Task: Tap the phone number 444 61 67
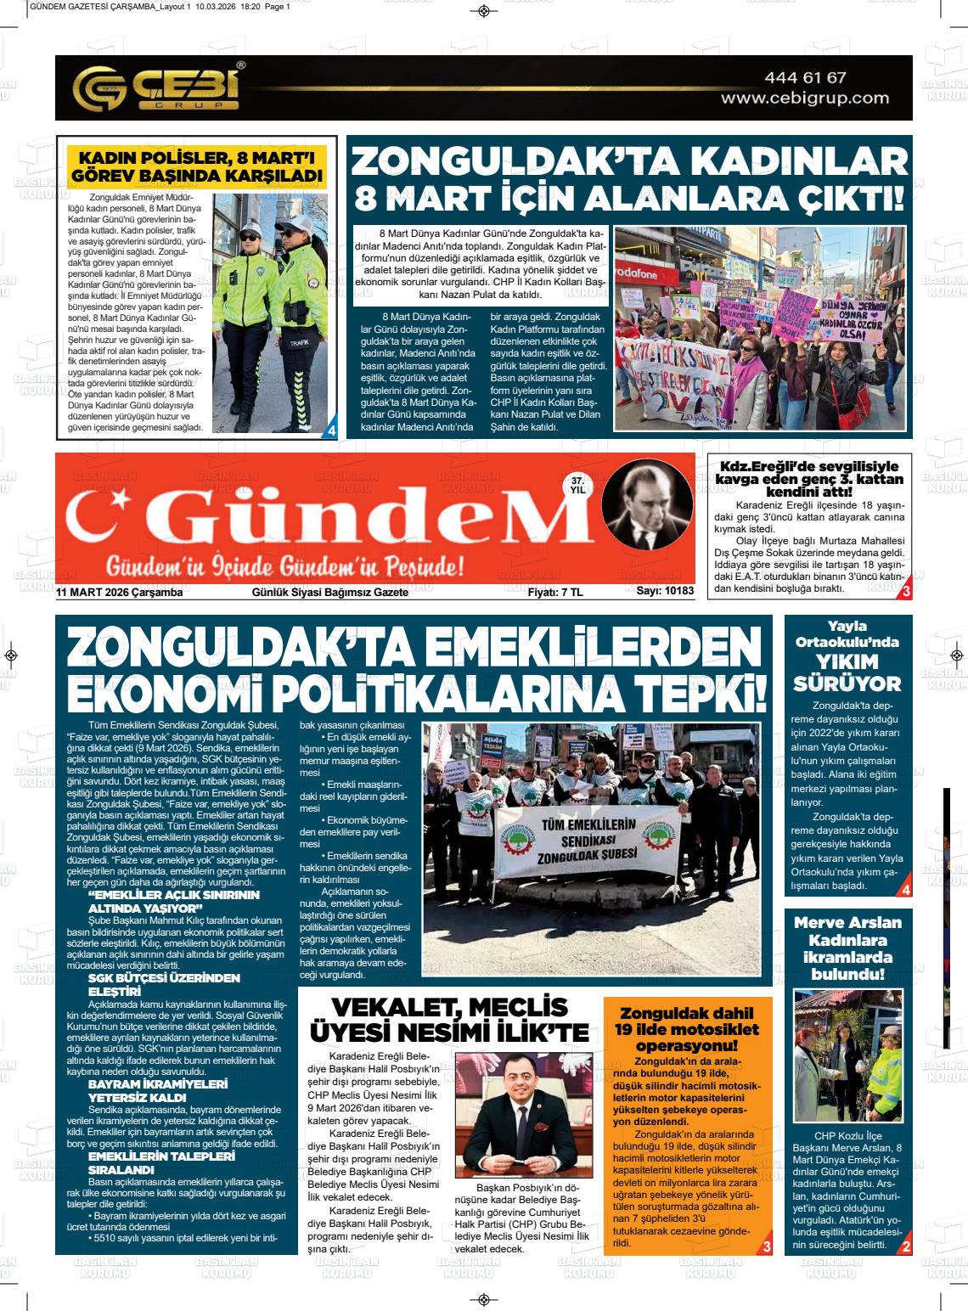(x=805, y=77)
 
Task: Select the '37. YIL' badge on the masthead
(x=577, y=485)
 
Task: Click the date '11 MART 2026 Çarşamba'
(x=120, y=593)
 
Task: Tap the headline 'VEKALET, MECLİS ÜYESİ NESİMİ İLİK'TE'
(x=450, y=1019)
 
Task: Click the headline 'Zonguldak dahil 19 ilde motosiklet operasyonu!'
(x=687, y=1028)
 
